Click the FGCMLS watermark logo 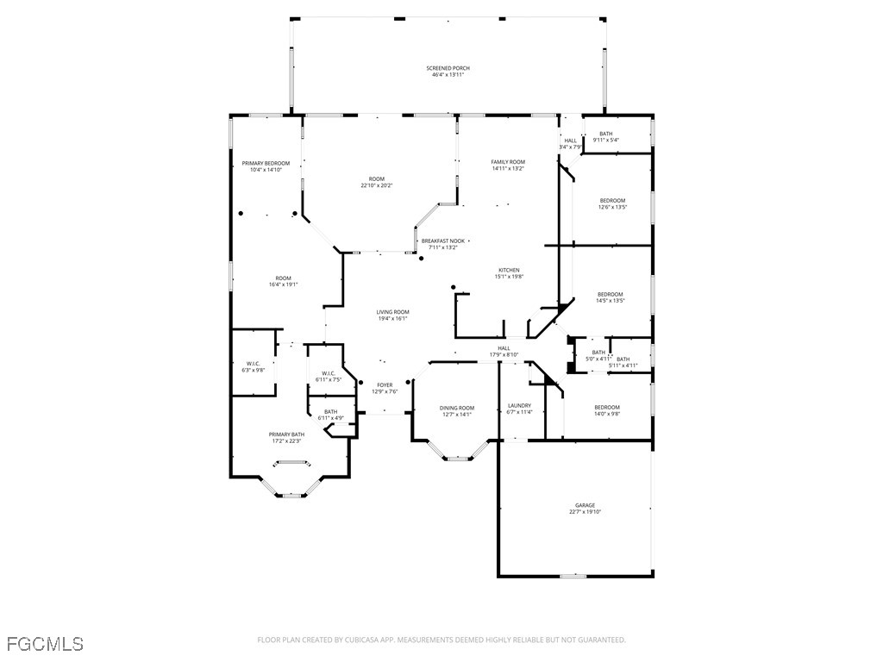tap(45, 643)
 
